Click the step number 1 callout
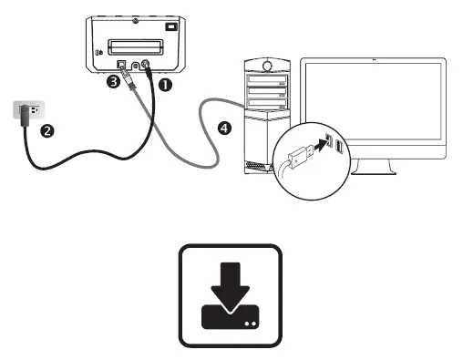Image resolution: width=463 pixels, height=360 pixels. [166, 83]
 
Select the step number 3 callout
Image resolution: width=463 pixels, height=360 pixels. [112, 82]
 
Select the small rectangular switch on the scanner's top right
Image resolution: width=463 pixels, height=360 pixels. [170, 26]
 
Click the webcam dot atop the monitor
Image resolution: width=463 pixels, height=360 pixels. [375, 62]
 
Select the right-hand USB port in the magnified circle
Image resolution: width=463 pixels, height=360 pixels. [339, 147]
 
